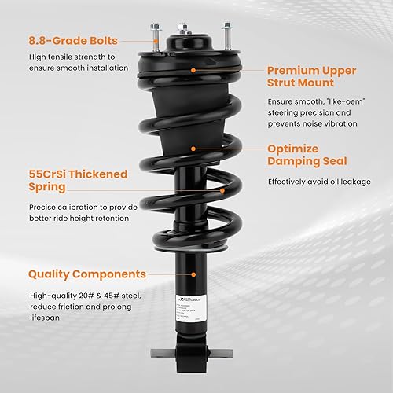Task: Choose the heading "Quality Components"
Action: pyautogui.click(x=87, y=274)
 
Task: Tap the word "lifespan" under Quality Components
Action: pyautogui.click(x=47, y=318)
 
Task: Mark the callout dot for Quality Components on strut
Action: pyautogui.click(x=194, y=274)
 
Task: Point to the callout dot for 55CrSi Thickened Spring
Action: pyautogui.click(x=223, y=189)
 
